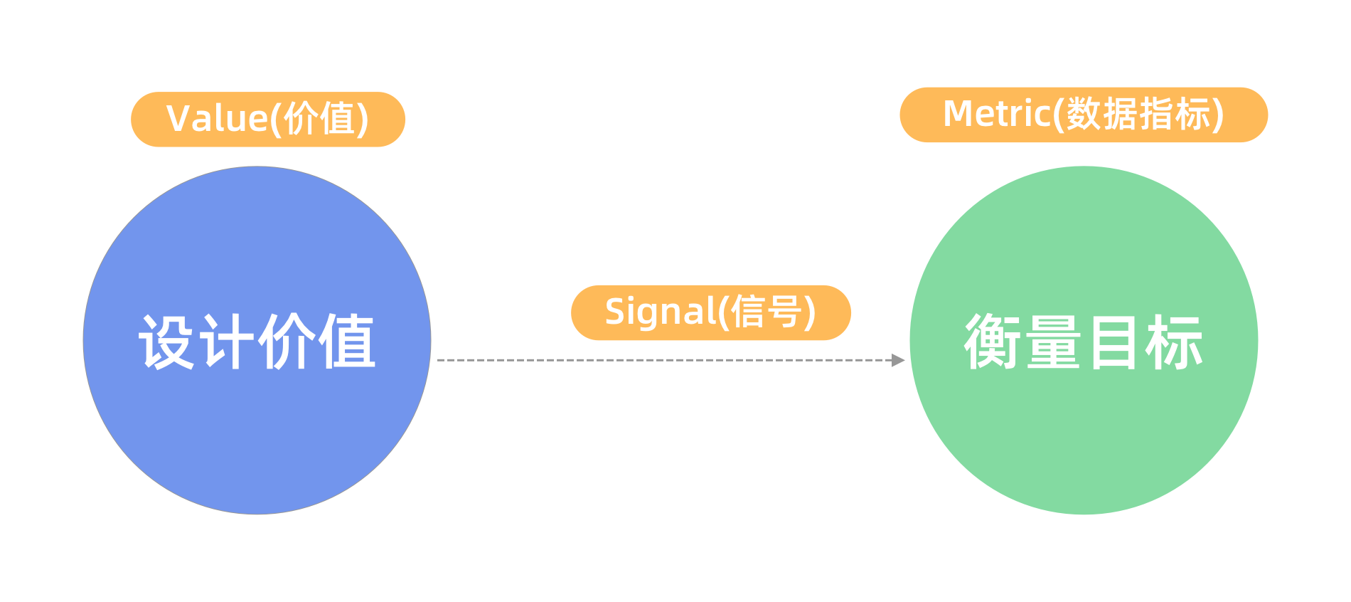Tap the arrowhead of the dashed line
point(899,360)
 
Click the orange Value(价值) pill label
point(268,119)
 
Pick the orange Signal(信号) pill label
point(711,312)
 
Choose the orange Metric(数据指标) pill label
point(1084,115)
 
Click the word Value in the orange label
point(216,119)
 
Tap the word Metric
point(995,115)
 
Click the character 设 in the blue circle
point(167,342)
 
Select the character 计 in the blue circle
point(227,342)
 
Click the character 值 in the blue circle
point(346,342)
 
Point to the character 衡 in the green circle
point(993,342)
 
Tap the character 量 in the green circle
point(1054,342)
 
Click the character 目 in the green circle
point(1114,342)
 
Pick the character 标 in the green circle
point(1173,342)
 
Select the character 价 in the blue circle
point(287,342)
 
